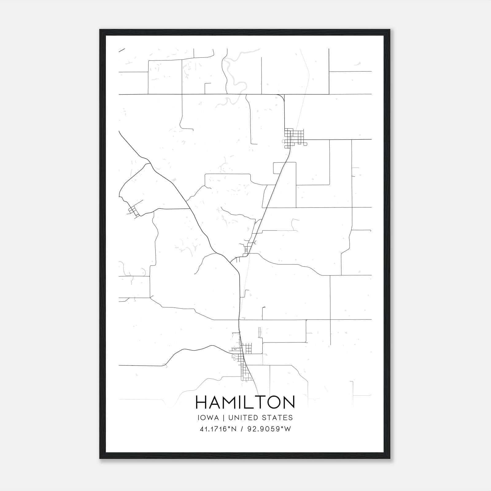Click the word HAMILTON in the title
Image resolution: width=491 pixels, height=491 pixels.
pyautogui.click(x=245, y=402)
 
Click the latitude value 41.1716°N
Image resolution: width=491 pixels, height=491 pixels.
pyautogui.click(x=218, y=429)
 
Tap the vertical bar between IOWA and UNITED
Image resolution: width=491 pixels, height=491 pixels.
pyautogui.click(x=223, y=418)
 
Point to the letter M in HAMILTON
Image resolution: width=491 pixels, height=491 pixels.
pyautogui.click(x=232, y=402)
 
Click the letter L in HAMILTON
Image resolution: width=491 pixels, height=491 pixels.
pyautogui.click(x=252, y=402)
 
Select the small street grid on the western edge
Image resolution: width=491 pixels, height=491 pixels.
pyautogui.click(x=134, y=211)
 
